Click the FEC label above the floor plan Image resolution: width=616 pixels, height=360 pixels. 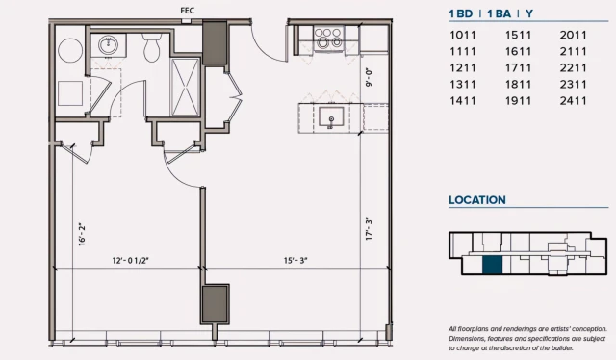click(x=188, y=11)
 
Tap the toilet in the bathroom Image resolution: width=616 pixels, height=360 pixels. click(x=152, y=47)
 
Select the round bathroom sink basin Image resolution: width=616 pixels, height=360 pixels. click(x=108, y=45)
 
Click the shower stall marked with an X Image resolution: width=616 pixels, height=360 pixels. click(x=186, y=87)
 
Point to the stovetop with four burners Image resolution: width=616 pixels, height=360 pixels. click(x=329, y=39)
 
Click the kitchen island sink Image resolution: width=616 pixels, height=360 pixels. click(x=331, y=117)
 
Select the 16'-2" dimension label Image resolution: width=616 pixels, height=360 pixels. click(x=82, y=235)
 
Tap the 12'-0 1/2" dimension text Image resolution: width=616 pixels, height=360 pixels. click(x=131, y=261)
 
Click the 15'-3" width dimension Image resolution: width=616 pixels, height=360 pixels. click(x=295, y=261)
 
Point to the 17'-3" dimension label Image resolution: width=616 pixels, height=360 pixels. click(x=369, y=229)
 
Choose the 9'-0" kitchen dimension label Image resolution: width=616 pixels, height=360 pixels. click(x=369, y=77)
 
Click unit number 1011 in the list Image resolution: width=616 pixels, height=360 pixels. click(x=463, y=35)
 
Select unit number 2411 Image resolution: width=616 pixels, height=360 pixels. click(x=574, y=101)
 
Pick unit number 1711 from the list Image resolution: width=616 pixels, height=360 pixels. click(x=518, y=68)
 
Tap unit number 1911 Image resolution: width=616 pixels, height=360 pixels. click(x=518, y=101)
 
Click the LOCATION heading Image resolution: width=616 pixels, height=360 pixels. click(x=477, y=200)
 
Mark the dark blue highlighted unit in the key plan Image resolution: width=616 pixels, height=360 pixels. click(x=492, y=265)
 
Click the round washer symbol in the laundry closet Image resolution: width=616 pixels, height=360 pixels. click(x=70, y=50)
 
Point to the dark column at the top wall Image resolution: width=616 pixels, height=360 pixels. click(x=215, y=43)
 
